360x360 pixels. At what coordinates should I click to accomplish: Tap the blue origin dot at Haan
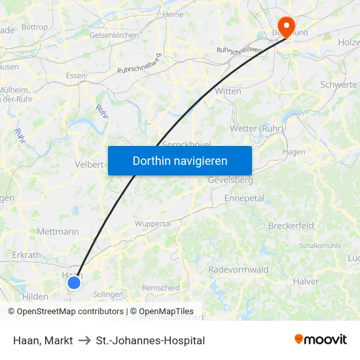click(x=74, y=282)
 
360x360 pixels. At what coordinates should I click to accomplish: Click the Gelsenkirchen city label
click(x=114, y=35)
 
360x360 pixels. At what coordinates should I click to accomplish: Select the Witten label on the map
click(x=228, y=91)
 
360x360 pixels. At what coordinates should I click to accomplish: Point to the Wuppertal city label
click(x=153, y=224)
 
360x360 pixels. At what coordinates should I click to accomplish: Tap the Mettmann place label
click(x=58, y=231)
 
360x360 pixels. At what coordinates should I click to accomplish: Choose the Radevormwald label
click(x=238, y=270)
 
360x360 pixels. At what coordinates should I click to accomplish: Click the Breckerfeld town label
click(x=291, y=225)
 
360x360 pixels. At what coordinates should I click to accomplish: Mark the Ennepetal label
click(x=243, y=198)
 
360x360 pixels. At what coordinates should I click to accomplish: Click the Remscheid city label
click(x=160, y=288)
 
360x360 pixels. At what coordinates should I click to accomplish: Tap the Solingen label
click(x=108, y=295)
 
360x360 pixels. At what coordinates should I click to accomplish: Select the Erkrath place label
click(x=26, y=255)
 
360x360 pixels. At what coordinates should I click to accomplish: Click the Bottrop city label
click(x=35, y=27)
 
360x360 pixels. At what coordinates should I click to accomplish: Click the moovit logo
click(x=321, y=339)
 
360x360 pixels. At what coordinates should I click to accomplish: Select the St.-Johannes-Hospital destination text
click(x=151, y=340)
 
